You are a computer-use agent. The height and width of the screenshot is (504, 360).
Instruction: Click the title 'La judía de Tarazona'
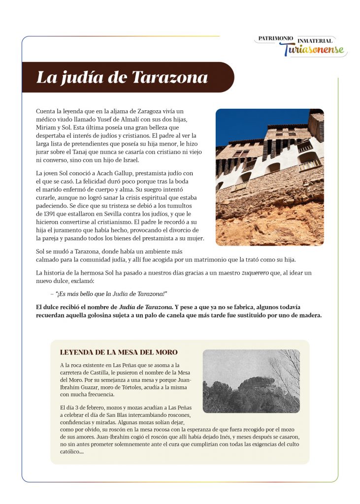[x=122, y=78]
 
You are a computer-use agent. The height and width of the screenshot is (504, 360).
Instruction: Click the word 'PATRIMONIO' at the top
[x=276, y=38]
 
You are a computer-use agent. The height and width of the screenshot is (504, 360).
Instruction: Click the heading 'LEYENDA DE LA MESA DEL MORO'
[x=118, y=352]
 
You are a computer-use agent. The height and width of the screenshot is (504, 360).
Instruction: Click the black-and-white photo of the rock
[x=251, y=381]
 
